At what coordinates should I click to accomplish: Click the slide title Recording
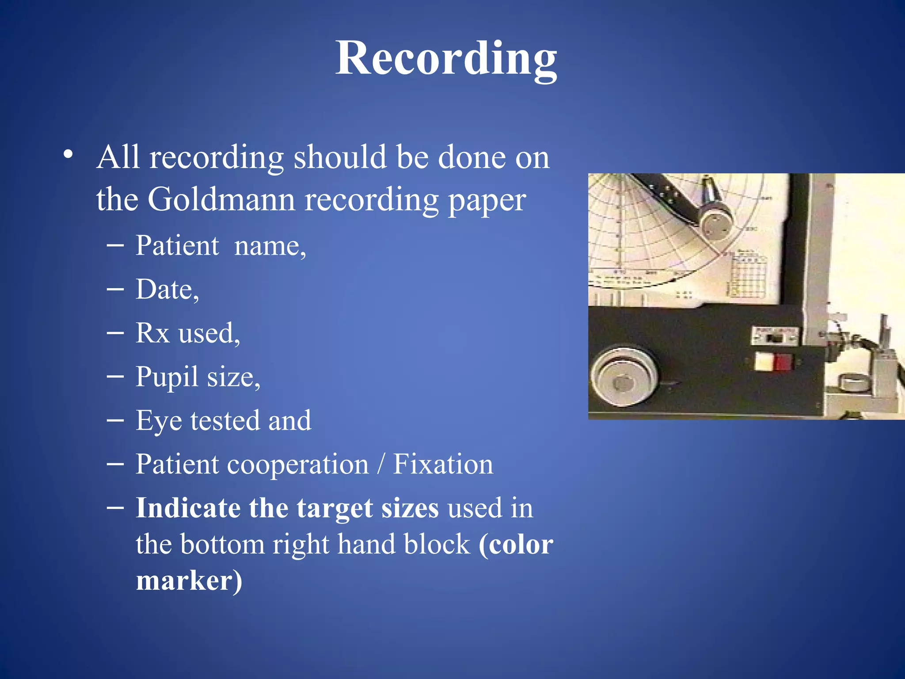[x=446, y=59]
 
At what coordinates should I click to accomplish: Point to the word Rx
[x=152, y=333]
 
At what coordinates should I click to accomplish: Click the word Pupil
[x=167, y=377]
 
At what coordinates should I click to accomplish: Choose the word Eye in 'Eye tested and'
[x=159, y=420]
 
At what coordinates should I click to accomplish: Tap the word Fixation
[x=443, y=464]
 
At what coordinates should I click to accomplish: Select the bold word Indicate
[x=187, y=507]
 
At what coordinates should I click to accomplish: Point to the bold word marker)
[x=189, y=580]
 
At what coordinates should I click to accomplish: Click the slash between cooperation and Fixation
[x=380, y=464]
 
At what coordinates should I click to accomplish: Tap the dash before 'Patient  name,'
[x=115, y=245]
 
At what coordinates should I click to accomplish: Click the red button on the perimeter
[x=781, y=362]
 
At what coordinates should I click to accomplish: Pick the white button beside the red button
[x=764, y=362]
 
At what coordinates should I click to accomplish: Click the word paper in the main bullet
[x=487, y=200]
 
